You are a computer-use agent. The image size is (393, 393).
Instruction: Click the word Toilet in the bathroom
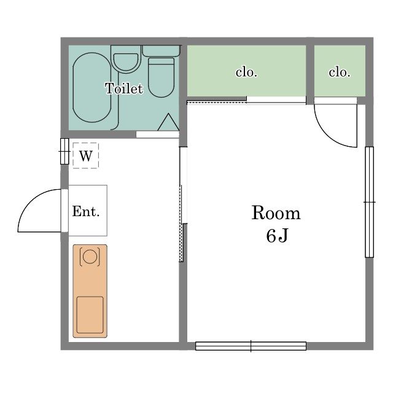[x=123, y=88]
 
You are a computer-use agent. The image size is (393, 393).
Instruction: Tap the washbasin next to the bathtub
[x=126, y=61]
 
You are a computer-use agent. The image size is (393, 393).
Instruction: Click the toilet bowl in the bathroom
[x=161, y=76]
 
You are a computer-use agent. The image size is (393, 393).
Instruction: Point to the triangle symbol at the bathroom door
[x=168, y=123]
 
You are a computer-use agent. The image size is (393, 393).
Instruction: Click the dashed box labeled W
[x=85, y=155]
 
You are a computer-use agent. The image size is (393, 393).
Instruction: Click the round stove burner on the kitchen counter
[x=90, y=255]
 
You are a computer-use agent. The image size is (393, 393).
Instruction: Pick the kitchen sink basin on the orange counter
[x=90, y=314]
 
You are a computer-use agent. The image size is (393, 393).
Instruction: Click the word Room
[x=276, y=213]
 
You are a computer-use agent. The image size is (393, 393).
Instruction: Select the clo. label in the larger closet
[x=246, y=72]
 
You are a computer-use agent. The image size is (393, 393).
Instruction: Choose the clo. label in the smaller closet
[x=339, y=72]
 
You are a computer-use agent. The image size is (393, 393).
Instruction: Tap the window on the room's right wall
[x=369, y=201]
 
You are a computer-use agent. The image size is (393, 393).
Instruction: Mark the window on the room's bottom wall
[x=251, y=346]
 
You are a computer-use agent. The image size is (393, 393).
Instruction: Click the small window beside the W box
[x=64, y=151]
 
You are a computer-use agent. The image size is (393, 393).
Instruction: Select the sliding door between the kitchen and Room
[x=182, y=203]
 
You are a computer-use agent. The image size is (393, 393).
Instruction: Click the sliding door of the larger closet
[x=246, y=100]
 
